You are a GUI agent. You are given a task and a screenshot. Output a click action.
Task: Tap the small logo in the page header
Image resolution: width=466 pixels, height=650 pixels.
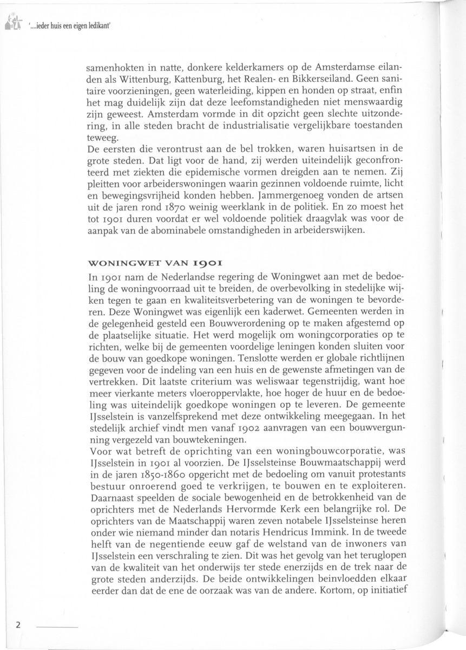point(12,21)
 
